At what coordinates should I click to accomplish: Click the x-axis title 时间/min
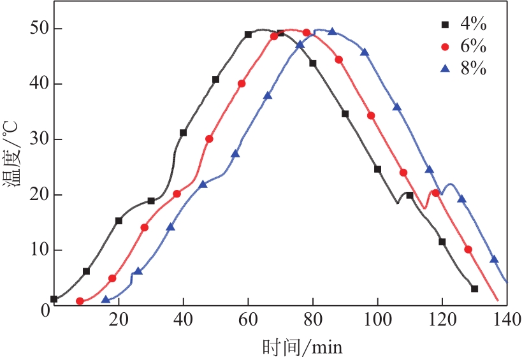coord(302,347)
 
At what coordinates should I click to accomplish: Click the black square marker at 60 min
coord(248,34)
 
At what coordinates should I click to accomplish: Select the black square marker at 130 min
coord(474,289)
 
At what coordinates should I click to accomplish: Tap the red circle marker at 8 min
coord(80,301)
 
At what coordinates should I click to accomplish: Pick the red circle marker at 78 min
coord(306,32)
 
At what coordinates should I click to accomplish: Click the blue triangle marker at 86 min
coord(332,31)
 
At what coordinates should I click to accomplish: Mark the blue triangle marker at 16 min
coord(106,299)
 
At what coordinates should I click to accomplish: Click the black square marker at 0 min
coord(54,299)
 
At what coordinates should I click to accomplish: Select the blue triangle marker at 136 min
coord(493,259)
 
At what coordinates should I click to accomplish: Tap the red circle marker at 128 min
coord(468,250)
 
